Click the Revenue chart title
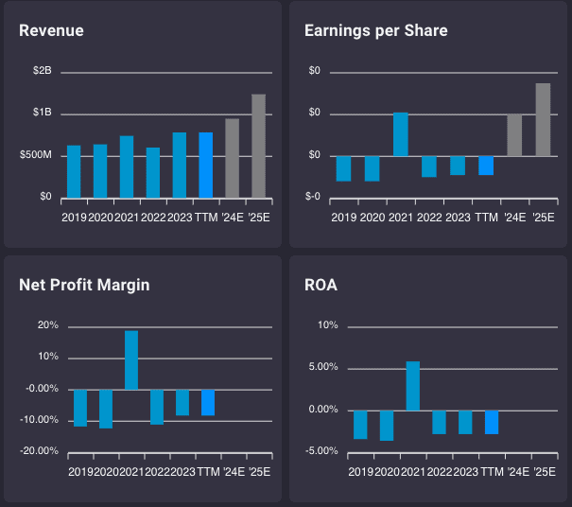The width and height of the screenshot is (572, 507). coord(51,30)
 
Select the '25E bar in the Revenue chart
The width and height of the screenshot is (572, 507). coord(258,146)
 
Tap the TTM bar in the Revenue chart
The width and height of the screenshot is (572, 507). coord(205,165)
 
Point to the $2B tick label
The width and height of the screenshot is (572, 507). coord(43,72)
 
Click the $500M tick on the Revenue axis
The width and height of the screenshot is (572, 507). coord(36,155)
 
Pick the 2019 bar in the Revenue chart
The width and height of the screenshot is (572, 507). coord(74,171)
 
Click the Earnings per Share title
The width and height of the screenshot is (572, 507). coord(375,30)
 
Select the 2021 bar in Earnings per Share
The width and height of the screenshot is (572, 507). coord(401,134)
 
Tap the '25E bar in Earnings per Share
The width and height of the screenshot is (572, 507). coord(543,119)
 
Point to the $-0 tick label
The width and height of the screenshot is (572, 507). coord(312,197)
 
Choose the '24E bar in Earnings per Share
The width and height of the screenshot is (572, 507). coord(514,135)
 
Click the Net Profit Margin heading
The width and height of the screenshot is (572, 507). coord(84,284)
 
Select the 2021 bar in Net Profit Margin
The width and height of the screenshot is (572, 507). coord(131,359)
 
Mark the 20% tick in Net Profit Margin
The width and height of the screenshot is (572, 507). coord(47,325)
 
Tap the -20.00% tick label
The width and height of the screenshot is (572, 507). coord(41,451)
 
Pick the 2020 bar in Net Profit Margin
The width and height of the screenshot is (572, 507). coord(106,409)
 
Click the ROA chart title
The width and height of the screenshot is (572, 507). coord(321,284)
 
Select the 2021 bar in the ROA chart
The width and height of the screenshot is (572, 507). coord(413,386)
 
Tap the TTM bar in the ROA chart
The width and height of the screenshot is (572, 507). coord(492,422)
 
